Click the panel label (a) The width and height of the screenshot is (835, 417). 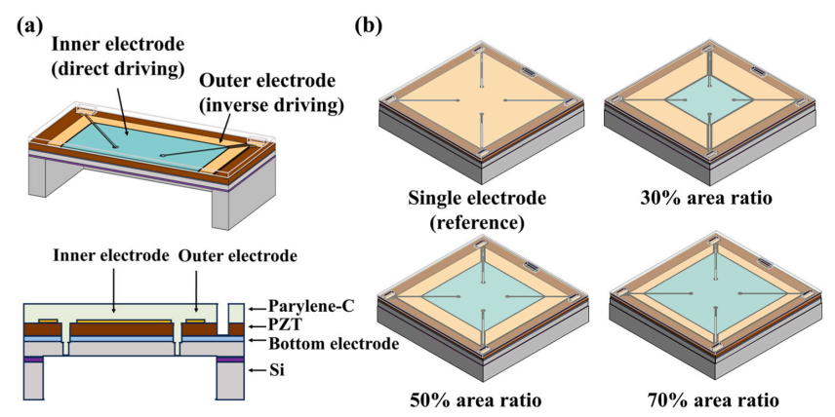tap(29, 25)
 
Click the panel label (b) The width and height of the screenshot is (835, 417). tap(369, 26)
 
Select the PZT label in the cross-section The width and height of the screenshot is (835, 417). tap(282, 324)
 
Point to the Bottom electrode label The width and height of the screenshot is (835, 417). tap(334, 344)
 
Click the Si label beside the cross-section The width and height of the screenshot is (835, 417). tap(276, 369)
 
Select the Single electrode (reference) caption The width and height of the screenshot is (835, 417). tap(477, 210)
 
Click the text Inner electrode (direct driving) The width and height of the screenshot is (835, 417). tap(118, 57)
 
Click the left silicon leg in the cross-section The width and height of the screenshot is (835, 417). tap(34, 381)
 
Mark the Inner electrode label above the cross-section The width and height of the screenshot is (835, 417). tap(111, 256)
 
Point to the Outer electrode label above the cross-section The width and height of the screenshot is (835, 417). tap(237, 256)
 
